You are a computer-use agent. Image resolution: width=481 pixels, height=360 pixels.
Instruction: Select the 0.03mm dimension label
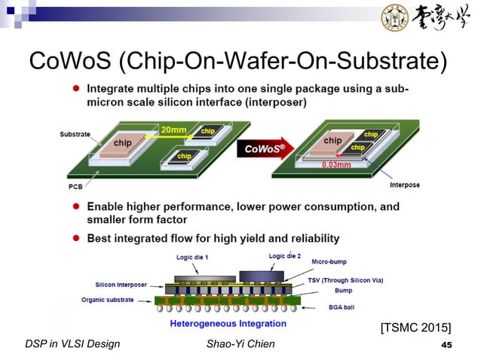point(336,164)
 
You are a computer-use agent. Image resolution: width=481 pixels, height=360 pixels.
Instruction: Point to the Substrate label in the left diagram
point(75,135)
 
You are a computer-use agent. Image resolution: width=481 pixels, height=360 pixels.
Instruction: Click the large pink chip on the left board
point(123,142)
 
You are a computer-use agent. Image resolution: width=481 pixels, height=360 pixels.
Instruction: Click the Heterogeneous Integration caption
point(223,324)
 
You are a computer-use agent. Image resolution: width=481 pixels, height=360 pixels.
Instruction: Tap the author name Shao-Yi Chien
point(240,344)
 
